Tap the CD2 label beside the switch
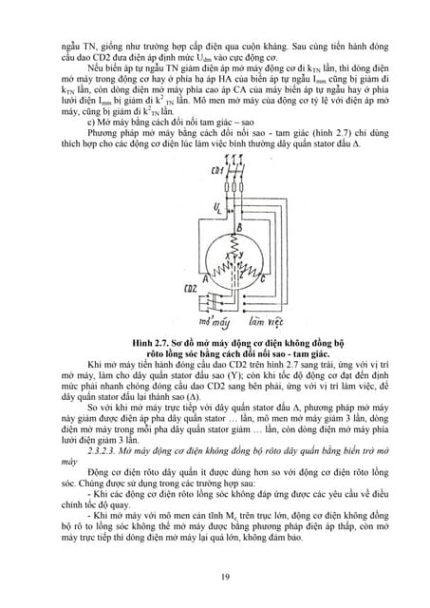tap(189, 286)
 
